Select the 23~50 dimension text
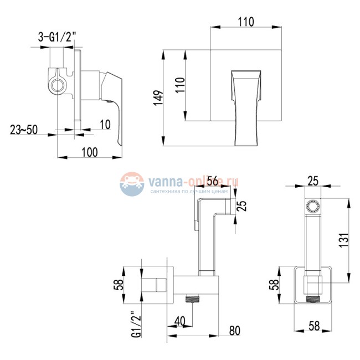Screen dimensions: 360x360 pos(24,130)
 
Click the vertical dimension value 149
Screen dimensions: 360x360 pos(158,98)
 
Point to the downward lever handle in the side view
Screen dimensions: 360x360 pos(117,119)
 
